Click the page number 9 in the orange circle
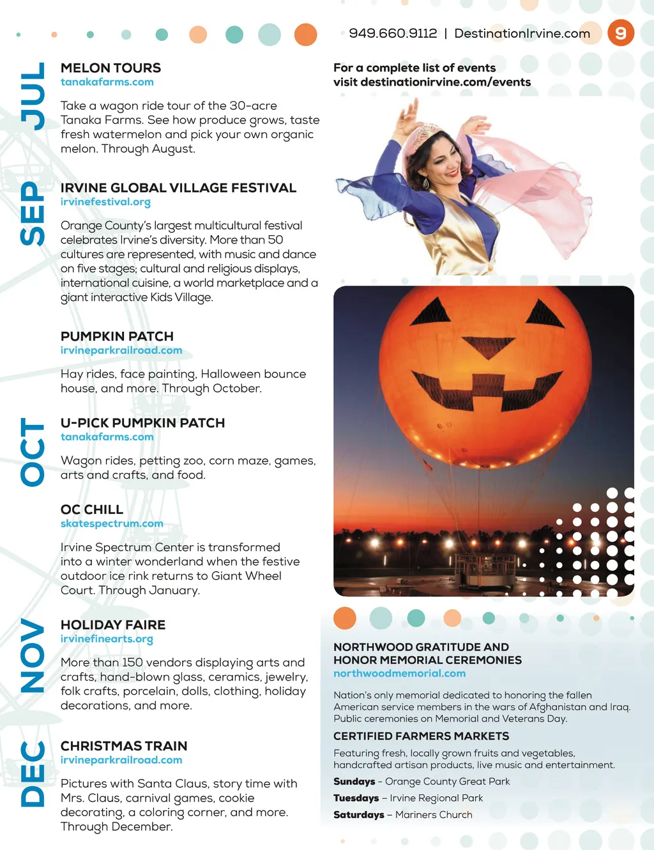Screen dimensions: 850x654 click(x=620, y=33)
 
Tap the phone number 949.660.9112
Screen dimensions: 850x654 click(x=393, y=33)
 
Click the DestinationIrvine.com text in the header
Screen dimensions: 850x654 click(x=522, y=33)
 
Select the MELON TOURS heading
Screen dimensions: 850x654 click(x=110, y=68)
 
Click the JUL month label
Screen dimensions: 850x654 click(x=33, y=96)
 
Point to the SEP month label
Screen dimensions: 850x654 click(x=33, y=213)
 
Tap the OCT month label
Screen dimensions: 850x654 click(x=33, y=452)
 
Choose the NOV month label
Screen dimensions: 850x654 click(x=33, y=655)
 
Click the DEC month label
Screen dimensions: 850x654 click(x=33, y=773)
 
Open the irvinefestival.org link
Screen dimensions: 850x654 click(x=105, y=202)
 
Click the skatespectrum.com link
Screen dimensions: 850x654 click(x=112, y=523)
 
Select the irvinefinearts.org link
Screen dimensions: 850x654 click(x=107, y=638)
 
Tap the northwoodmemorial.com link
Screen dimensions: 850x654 click(x=399, y=673)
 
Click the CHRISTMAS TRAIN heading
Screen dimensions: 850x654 click(x=124, y=746)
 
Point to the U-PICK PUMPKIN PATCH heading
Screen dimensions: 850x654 click(x=142, y=423)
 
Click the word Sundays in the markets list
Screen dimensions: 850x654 click(x=354, y=782)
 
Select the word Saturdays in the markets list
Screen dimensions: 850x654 click(x=358, y=815)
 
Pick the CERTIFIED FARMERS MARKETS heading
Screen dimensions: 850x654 click(x=421, y=736)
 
